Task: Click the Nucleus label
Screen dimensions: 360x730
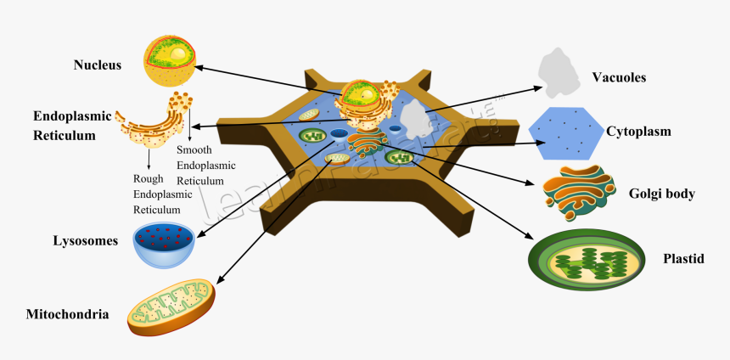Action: (98, 65)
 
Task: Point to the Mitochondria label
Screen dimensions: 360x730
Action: (68, 314)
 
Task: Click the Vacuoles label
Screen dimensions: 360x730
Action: (619, 77)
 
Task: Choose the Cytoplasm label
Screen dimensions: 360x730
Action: (638, 132)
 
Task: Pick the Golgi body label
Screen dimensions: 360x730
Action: (661, 194)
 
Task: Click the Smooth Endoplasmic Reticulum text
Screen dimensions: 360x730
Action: (205, 166)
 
